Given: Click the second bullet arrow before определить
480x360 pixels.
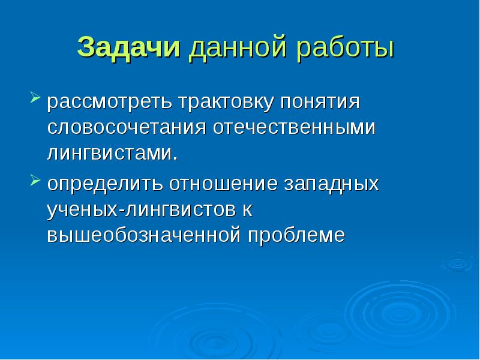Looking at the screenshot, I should [x=35, y=179].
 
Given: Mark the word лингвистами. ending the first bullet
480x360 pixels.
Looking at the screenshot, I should [x=113, y=154].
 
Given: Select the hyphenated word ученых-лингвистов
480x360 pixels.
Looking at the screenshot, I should [x=142, y=210].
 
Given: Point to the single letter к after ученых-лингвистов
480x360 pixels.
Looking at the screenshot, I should [x=246, y=210].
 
